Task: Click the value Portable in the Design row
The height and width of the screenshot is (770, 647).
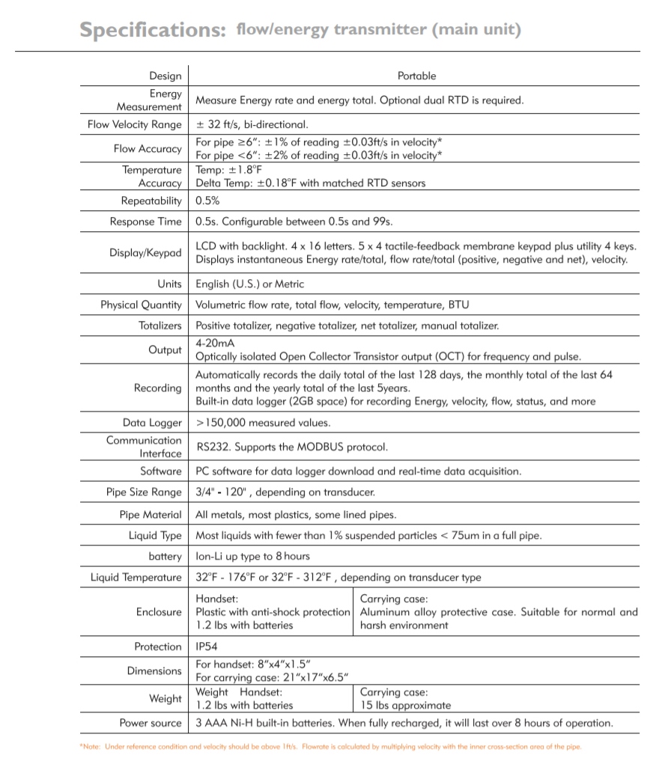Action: click(x=416, y=76)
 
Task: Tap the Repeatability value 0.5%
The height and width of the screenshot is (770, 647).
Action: click(x=207, y=201)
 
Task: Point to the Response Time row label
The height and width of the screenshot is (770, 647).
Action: click(x=145, y=221)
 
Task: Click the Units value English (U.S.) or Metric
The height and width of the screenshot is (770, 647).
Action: click(x=249, y=284)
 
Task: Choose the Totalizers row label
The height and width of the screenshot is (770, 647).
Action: click(x=160, y=326)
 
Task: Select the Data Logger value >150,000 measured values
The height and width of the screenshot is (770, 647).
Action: click(x=262, y=423)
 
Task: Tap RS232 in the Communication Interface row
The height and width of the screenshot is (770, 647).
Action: click(x=213, y=447)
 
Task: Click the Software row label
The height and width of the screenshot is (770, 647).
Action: click(x=160, y=471)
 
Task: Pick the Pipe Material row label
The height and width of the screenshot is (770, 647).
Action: click(x=151, y=515)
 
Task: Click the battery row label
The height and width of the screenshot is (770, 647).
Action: click(x=165, y=557)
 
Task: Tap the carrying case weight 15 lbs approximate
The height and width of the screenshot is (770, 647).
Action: click(x=405, y=705)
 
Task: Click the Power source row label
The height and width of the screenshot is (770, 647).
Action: click(x=151, y=723)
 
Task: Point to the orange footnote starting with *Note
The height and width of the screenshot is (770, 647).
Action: click(x=329, y=747)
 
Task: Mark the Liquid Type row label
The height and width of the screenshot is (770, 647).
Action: click(x=155, y=536)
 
